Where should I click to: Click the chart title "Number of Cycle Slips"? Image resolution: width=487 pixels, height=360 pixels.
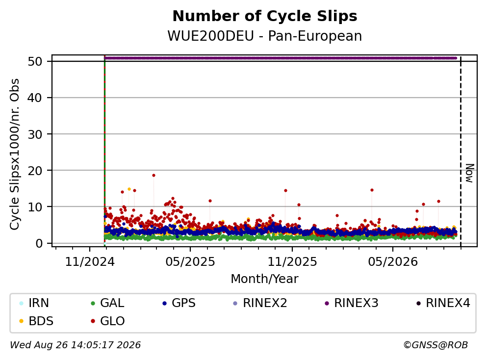click(265, 16)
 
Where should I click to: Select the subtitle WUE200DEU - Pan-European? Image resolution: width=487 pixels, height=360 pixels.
click(265, 36)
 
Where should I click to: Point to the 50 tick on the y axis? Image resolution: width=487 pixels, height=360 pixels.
click(35, 61)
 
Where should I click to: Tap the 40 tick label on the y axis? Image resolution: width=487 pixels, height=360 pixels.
click(35, 98)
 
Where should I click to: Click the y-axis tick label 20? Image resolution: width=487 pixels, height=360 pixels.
click(35, 171)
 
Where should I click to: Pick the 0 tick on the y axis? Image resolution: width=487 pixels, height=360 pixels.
click(39, 243)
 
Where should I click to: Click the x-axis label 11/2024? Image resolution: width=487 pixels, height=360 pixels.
click(90, 262)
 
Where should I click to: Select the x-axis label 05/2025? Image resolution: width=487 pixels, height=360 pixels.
click(190, 262)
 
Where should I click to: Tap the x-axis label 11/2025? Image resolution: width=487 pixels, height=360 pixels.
click(292, 262)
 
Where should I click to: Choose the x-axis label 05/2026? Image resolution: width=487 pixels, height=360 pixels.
click(393, 262)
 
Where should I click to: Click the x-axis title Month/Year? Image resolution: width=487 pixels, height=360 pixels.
click(265, 279)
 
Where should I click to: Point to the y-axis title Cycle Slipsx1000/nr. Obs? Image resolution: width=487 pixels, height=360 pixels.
click(15, 154)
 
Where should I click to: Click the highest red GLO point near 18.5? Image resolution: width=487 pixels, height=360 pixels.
click(154, 175)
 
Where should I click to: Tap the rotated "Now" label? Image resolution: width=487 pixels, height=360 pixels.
click(470, 173)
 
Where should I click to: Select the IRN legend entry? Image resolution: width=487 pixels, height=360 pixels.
click(34, 303)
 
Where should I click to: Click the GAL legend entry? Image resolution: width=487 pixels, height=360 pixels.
click(107, 303)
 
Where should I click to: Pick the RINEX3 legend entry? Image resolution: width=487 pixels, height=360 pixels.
click(351, 303)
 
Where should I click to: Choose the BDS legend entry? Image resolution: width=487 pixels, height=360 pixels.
click(36, 321)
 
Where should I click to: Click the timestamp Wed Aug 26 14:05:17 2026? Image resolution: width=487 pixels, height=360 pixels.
click(76, 345)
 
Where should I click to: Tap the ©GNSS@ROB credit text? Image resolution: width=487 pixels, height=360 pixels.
click(436, 345)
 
